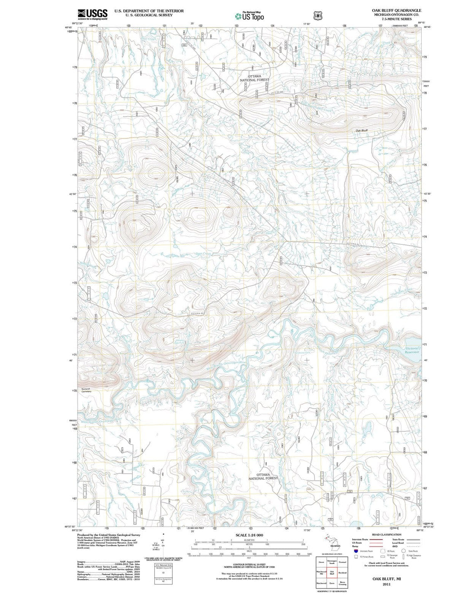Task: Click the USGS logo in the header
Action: (92, 14)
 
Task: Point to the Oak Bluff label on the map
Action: (362, 130)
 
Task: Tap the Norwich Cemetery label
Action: (86, 390)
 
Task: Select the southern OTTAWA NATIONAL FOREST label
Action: (263, 476)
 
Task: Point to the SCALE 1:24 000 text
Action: (249, 535)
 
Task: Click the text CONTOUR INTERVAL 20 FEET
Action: (249, 564)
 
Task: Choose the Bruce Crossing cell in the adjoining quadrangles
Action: (342, 584)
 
